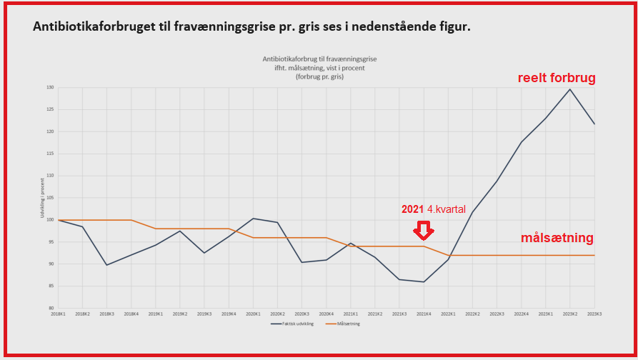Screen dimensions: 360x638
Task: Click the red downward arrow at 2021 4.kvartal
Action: (424, 231)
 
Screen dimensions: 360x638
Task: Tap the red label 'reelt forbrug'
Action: (557, 78)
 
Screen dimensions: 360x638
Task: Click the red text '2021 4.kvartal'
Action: (434, 209)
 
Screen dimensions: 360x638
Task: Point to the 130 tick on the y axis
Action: (50, 87)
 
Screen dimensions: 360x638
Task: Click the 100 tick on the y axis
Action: (50, 220)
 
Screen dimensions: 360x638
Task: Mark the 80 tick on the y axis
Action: (51, 308)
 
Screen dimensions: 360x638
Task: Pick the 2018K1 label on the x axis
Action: (58, 314)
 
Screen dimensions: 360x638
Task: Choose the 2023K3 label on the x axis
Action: (594, 314)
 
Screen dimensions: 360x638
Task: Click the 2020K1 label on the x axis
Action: (253, 314)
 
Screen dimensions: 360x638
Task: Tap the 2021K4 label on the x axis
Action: (424, 314)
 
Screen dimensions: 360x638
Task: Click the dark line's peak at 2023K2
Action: (569, 89)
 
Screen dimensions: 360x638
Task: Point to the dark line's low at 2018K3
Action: (106, 265)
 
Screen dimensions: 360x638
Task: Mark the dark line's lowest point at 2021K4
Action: (424, 281)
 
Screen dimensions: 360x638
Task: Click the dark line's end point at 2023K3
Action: (594, 124)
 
